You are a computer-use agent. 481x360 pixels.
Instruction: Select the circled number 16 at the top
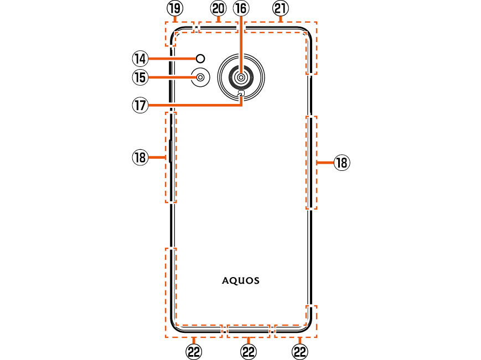241,8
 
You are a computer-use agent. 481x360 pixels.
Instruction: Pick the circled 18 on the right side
342,163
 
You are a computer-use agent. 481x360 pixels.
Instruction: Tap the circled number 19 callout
174,8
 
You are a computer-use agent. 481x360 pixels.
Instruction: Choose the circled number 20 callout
218,8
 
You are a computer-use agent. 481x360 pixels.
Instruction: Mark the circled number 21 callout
281,8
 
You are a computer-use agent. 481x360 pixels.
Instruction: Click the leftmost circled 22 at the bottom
193,351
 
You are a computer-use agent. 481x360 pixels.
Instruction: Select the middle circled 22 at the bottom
249,351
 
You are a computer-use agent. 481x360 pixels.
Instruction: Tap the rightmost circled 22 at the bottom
299,351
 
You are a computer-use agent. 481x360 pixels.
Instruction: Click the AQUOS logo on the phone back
241,280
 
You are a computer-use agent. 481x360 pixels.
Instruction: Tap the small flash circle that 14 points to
201,58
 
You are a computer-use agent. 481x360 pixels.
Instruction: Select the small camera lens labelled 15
200,77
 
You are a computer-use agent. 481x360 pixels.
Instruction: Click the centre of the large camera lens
241,78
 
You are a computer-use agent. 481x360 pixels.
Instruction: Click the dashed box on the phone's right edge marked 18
312,163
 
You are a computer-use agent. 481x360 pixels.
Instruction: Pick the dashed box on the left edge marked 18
171,157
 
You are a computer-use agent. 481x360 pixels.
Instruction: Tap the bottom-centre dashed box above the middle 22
249,331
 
